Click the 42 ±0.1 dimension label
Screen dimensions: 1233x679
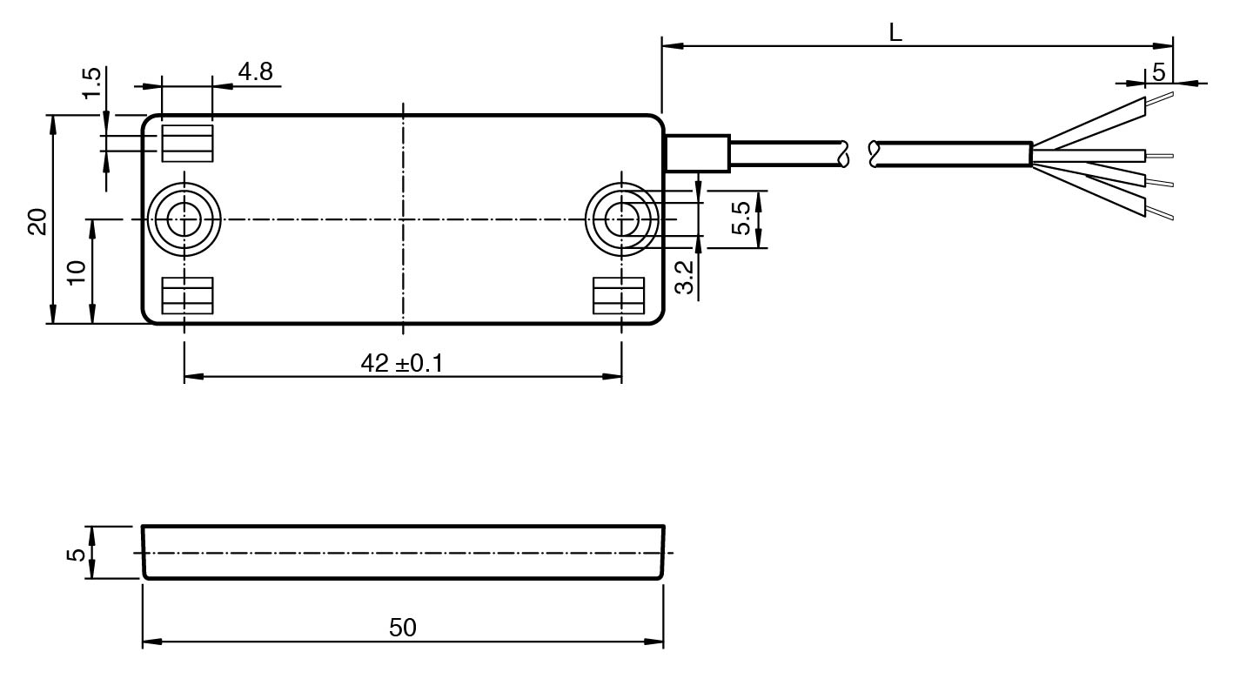tap(402, 364)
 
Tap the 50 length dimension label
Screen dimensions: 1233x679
tap(402, 628)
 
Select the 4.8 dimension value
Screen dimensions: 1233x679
tap(256, 71)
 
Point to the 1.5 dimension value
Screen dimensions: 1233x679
tap(92, 84)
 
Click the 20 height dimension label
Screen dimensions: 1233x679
tap(37, 221)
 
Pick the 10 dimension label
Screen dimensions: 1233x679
tap(77, 272)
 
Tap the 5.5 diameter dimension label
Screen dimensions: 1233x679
tap(741, 218)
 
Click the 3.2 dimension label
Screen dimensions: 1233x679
tap(684, 277)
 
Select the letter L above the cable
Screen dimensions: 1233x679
tap(895, 33)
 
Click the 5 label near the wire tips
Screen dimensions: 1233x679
tap(1159, 72)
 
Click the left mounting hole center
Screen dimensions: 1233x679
tap(184, 219)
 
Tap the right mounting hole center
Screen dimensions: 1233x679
tap(621, 219)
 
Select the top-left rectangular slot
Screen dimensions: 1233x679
tap(187, 143)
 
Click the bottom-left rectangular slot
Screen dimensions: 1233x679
tap(187, 296)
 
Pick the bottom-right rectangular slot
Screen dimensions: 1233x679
tap(618, 296)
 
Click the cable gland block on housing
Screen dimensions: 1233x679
tap(697, 153)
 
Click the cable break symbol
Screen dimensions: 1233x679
tap(859, 154)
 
